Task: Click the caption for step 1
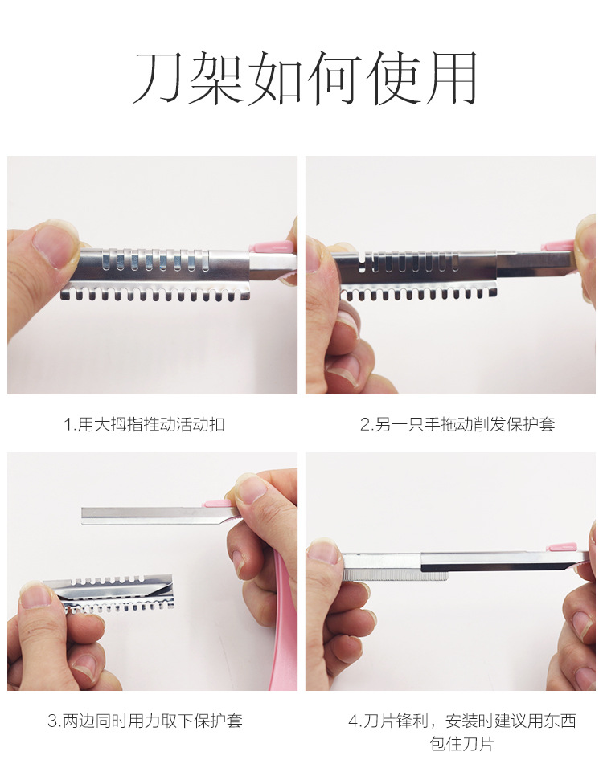tap(144, 424)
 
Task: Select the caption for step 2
tap(457, 424)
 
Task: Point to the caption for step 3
tap(145, 721)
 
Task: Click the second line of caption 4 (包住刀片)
tap(461, 744)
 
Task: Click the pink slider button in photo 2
tap(557, 246)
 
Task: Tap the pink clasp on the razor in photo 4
tap(562, 547)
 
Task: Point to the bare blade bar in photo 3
tap(157, 516)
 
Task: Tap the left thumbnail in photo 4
tap(322, 553)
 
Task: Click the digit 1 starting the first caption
tap(68, 425)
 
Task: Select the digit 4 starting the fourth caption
tap(354, 721)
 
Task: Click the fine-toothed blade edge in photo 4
tap(395, 575)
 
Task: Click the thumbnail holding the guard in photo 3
tap(35, 597)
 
